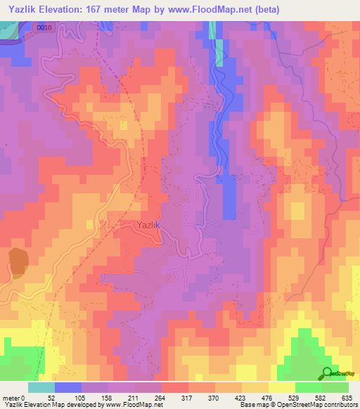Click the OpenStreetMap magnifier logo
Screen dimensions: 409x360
click(x=327, y=374)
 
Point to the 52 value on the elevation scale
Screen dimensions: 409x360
click(x=53, y=397)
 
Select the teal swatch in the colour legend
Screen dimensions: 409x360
click(x=41, y=387)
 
